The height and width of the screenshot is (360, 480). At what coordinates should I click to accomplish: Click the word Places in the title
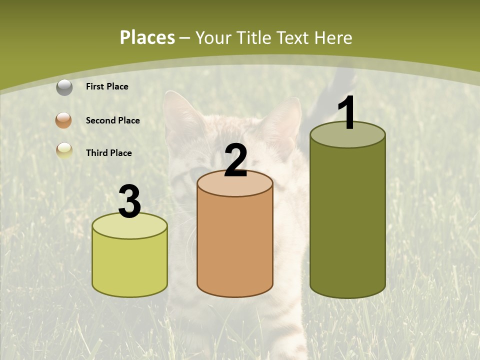[x=147, y=37]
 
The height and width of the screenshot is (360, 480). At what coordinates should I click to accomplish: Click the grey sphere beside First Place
[x=64, y=87]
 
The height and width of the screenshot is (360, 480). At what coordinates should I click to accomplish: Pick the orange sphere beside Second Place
[x=64, y=120]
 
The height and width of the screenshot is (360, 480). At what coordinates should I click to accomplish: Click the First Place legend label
[x=107, y=86]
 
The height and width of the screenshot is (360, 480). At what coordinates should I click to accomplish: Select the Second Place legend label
[x=112, y=120]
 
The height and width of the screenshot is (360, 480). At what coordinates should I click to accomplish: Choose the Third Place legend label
[x=108, y=153]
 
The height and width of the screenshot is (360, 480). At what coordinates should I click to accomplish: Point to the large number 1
[x=347, y=113]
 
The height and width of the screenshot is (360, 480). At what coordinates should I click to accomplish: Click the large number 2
[x=235, y=160]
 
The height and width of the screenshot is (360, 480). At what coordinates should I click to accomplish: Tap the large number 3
[x=129, y=202]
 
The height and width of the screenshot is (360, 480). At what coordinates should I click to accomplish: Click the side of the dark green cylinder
[x=347, y=220]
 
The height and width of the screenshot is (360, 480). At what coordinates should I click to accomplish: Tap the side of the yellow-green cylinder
[x=130, y=265]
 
